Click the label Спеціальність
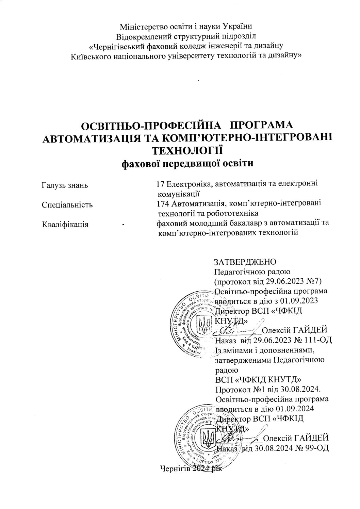pyautogui.click(x=67, y=205)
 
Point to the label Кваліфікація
pyautogui.click(x=65, y=224)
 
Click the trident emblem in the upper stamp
pyautogui.click(x=205, y=322)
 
